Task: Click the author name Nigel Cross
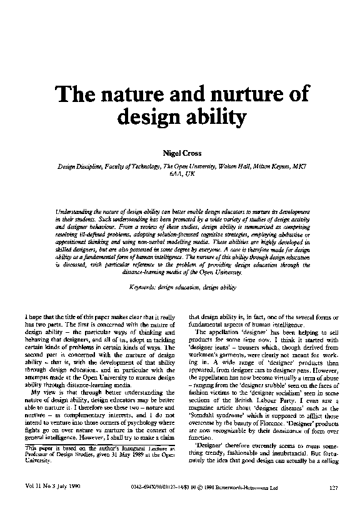(x=181, y=152)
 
